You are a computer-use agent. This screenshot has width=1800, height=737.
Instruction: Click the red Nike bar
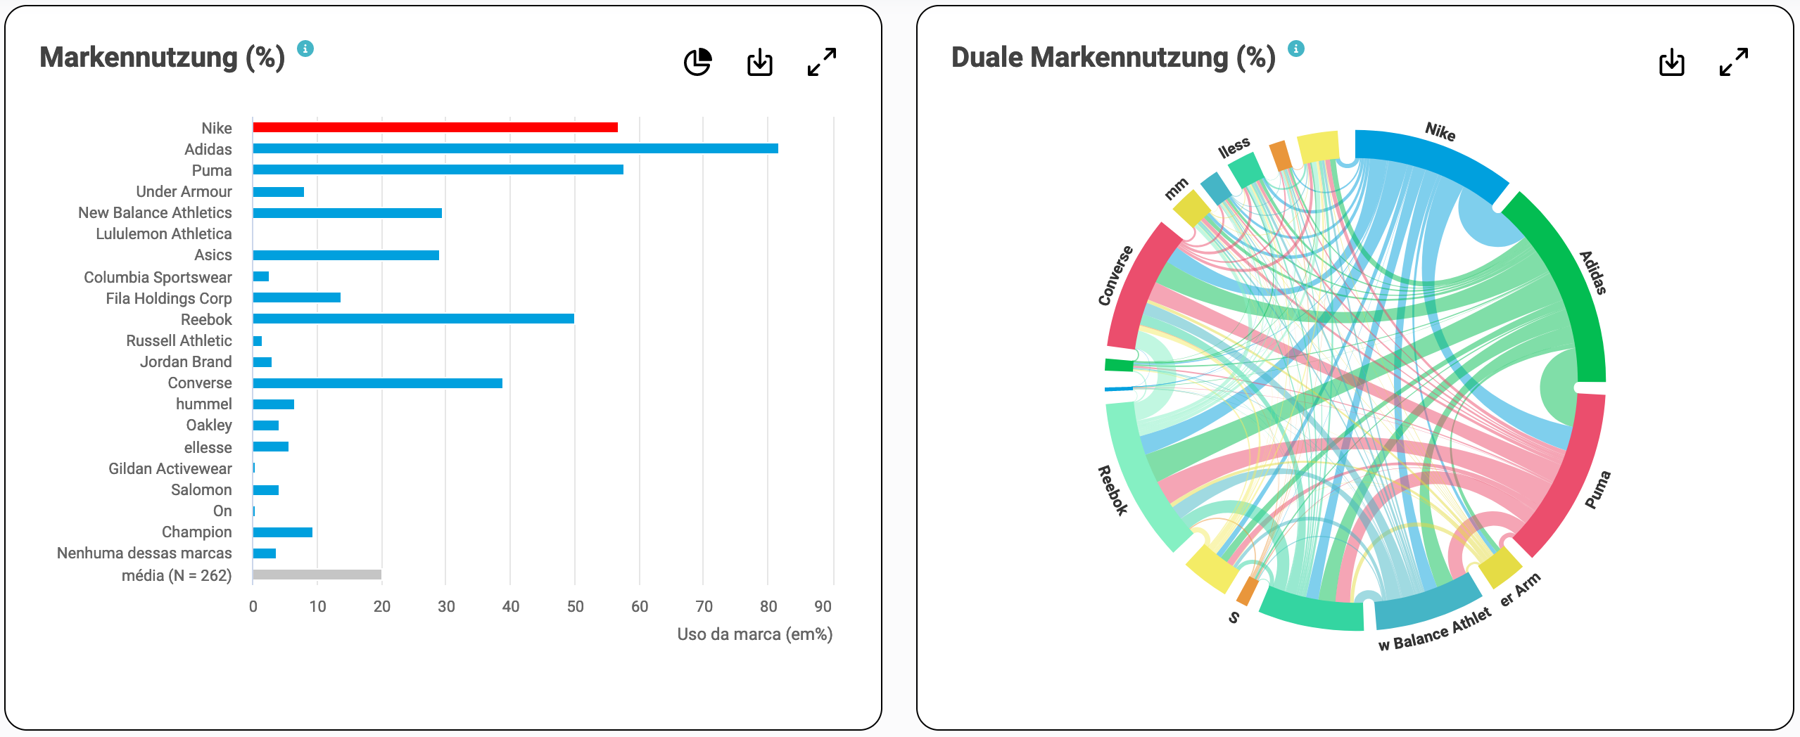435,127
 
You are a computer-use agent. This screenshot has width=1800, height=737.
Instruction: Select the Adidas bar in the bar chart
515,148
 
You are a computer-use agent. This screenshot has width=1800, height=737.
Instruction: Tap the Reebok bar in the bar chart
413,319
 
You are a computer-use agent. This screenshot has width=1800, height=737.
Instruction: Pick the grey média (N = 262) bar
317,575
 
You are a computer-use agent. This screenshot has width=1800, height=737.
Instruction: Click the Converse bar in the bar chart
377,383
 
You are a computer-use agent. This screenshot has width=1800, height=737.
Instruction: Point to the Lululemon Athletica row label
163,233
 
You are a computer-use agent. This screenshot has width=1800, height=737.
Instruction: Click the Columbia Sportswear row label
158,277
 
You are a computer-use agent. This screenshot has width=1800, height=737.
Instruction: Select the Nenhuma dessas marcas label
144,553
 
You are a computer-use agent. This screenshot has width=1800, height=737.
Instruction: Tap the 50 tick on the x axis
575,606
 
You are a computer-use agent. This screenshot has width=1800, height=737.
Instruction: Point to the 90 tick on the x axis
822,606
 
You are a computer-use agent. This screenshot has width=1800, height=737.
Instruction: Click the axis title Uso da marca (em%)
754,634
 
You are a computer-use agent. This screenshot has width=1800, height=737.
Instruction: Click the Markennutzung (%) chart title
162,58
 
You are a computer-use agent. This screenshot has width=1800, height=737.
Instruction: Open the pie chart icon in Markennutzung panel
697,62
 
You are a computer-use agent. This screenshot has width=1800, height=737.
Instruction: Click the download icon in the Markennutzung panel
759,62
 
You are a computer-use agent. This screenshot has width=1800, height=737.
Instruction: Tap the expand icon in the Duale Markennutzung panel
1733,62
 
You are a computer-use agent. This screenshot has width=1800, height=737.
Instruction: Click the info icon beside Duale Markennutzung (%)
1295,49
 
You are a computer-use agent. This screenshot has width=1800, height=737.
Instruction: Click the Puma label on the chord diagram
1597,489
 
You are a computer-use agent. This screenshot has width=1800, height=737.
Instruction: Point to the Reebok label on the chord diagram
1113,490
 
